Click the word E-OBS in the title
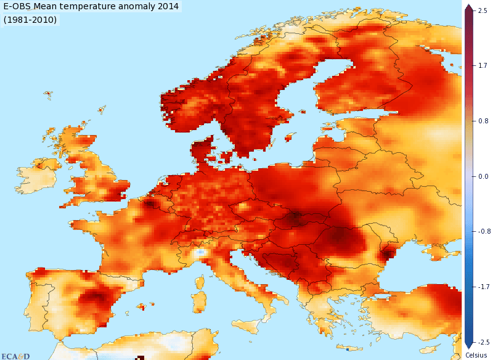[19, 7]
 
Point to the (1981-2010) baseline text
[30, 20]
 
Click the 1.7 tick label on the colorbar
[483, 65]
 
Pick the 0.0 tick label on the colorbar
[483, 176]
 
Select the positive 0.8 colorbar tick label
[483, 121]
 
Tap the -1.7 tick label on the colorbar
[483, 287]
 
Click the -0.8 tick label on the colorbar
[483, 232]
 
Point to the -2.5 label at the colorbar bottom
[483, 343]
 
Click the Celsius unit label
[476, 355]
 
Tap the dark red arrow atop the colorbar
[468, 7]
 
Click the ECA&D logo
[16, 356]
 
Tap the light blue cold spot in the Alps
[199, 253]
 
